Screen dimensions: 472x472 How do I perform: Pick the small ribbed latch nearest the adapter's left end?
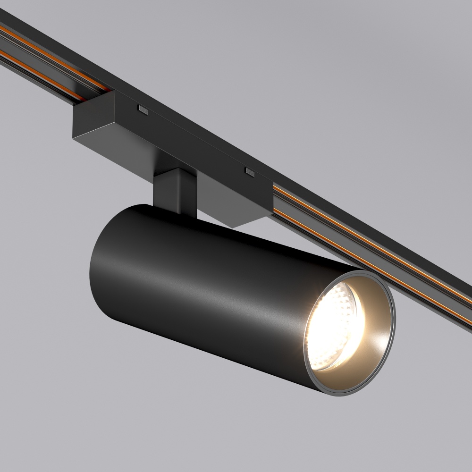click(x=142, y=110)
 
